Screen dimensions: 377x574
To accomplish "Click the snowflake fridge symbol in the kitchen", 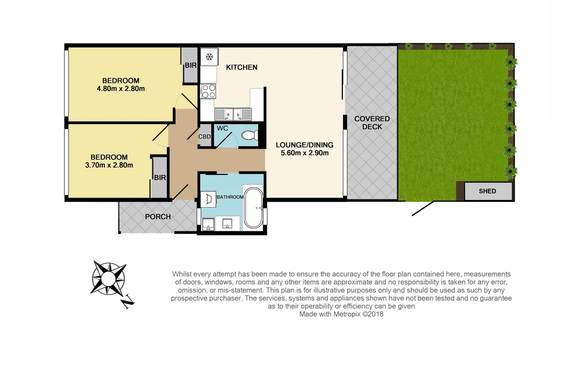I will pos(209,57).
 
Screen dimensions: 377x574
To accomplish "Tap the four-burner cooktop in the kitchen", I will pos(209,91).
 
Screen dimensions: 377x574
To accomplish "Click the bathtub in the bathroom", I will pos(254,208).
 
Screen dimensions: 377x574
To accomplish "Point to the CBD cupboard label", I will pos(205,136).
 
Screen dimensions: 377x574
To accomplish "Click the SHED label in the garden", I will pos(487,191).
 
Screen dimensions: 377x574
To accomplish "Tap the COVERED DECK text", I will pos(372,123).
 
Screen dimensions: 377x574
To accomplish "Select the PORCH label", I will pos(158,217).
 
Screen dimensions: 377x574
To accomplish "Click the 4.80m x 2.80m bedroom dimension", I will pos(121,89).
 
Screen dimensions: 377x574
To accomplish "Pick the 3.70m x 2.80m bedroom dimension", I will pos(109,165).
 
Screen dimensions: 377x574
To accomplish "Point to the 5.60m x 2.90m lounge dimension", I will pos(304,153).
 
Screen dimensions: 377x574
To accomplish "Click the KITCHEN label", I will pos(241,67).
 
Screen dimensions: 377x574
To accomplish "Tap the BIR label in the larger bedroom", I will pos(191,65).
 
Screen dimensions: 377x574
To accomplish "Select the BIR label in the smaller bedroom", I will pos(160,178).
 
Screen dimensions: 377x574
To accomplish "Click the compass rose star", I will pos(108,278).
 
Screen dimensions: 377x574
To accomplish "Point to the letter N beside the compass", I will pos(128,302).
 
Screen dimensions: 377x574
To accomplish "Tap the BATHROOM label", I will pos(230,197).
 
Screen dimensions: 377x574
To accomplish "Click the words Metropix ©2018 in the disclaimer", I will pos(358,314).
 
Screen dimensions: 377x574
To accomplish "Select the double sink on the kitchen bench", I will pos(233,114).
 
